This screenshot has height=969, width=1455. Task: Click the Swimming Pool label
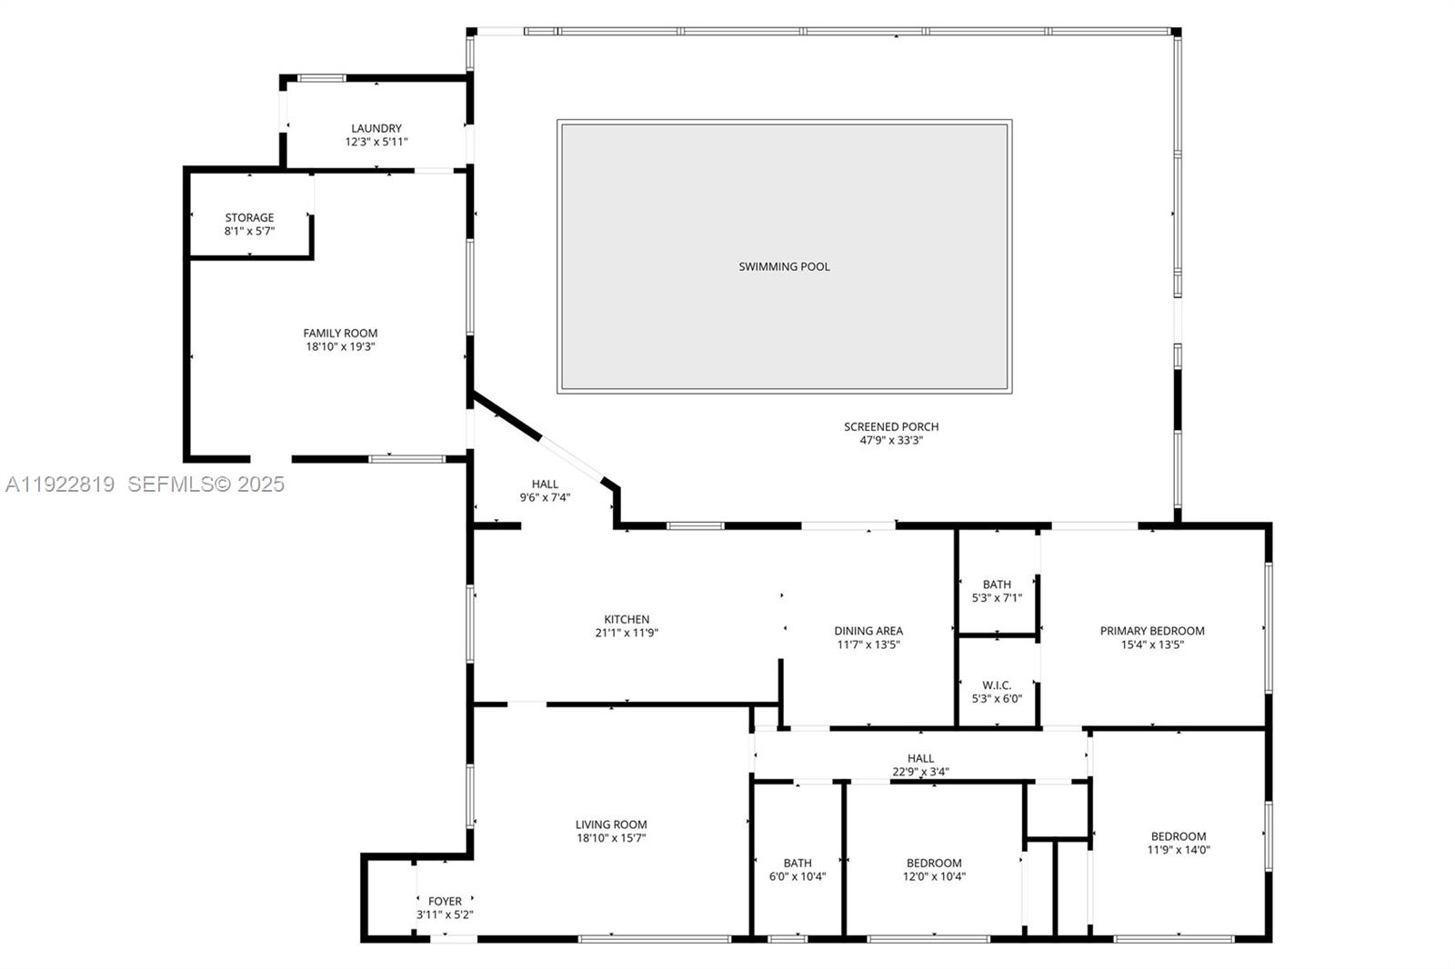784,266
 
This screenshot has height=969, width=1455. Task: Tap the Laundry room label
376,128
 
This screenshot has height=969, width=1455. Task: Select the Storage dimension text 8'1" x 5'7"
249,232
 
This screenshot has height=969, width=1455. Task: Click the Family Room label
340,333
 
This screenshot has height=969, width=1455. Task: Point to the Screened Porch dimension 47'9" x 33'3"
891,441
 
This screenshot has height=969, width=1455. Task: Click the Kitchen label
627,619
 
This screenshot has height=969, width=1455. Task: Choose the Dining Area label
868,630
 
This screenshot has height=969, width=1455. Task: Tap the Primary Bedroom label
1152,630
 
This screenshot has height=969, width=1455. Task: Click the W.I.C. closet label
997,684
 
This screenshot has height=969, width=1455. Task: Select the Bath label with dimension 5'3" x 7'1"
997,584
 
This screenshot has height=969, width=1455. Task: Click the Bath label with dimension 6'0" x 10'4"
798,863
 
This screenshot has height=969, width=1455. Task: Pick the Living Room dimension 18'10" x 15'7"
611,839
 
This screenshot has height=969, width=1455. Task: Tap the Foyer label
445,901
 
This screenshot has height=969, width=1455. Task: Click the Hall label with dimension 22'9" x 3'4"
920,758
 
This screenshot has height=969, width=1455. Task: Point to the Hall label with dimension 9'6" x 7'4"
545,484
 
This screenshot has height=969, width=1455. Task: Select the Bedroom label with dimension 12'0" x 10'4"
934,863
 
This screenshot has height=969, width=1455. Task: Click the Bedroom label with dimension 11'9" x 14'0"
1179,836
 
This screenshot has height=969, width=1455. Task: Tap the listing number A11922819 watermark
60,484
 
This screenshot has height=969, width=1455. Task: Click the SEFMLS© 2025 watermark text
206,484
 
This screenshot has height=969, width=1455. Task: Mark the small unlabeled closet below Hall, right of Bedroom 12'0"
1057,809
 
